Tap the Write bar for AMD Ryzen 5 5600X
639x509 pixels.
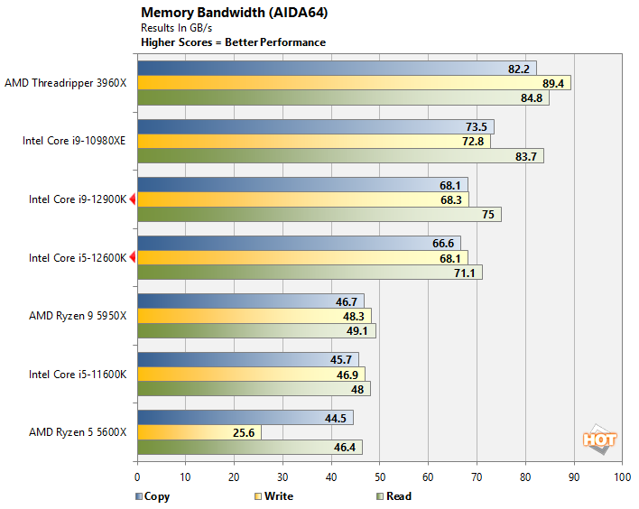(199, 431)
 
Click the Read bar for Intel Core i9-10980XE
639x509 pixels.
(340, 156)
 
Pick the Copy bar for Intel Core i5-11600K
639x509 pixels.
(248, 359)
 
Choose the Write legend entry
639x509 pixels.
(273, 495)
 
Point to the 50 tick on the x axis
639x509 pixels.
(380, 477)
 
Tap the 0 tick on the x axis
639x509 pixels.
(137, 477)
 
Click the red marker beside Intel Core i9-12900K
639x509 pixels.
(133, 199)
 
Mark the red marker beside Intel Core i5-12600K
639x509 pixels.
(133, 258)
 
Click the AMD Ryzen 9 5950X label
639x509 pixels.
(78, 316)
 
